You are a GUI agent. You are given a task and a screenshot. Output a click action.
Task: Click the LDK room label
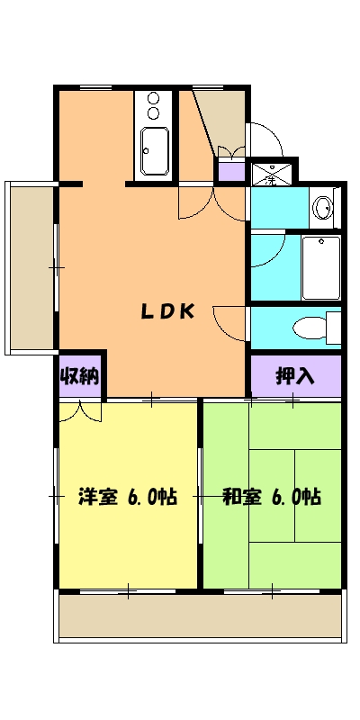[166, 311]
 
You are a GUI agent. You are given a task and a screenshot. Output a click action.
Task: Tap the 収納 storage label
[79, 375]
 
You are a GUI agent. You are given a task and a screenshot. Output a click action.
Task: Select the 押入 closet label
[294, 375]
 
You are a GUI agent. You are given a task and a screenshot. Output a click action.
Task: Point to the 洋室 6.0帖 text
[127, 495]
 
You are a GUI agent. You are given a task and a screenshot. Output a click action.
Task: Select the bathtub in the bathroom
[320, 266]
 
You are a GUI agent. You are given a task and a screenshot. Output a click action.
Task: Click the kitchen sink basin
[154, 151]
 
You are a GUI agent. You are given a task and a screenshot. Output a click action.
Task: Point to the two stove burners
[152, 106]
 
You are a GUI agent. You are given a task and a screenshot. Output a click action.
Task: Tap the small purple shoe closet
[230, 171]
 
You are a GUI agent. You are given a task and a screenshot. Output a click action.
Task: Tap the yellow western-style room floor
[127, 540]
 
